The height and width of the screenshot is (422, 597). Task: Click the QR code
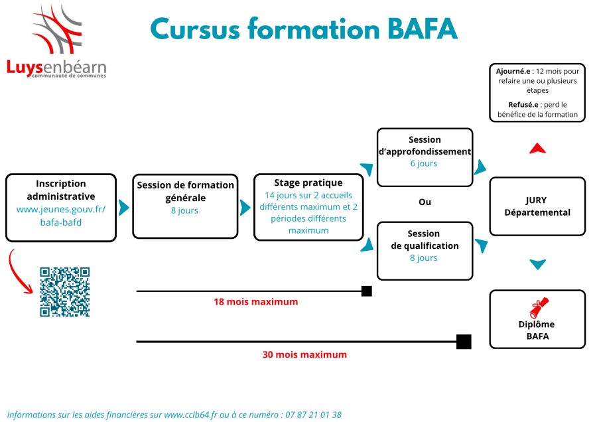tap(65, 292)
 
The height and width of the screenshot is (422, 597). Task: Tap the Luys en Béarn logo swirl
tap(57, 29)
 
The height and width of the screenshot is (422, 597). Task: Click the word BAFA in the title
tap(423, 29)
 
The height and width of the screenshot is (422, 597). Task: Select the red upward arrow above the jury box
tap(537, 149)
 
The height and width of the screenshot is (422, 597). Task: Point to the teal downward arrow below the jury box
tap(537, 264)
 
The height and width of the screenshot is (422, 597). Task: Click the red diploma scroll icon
tap(539, 308)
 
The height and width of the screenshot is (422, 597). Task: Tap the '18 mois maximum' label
tap(256, 302)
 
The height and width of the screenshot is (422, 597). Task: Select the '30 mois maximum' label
tap(304, 354)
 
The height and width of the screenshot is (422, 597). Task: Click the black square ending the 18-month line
tap(367, 291)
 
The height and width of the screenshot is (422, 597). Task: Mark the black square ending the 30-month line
tap(464, 342)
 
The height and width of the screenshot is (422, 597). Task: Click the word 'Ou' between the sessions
tap(425, 202)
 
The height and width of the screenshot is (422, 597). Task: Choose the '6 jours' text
tap(424, 163)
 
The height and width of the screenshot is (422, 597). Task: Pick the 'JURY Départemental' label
tap(537, 206)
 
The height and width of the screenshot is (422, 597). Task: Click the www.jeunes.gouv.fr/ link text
tap(61, 210)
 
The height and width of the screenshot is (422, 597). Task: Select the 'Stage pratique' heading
tap(308, 183)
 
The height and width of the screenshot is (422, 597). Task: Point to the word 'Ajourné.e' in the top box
tap(513, 71)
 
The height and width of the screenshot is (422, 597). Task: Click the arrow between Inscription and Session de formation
tap(124, 208)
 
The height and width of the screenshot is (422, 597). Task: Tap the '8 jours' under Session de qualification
tap(424, 258)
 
